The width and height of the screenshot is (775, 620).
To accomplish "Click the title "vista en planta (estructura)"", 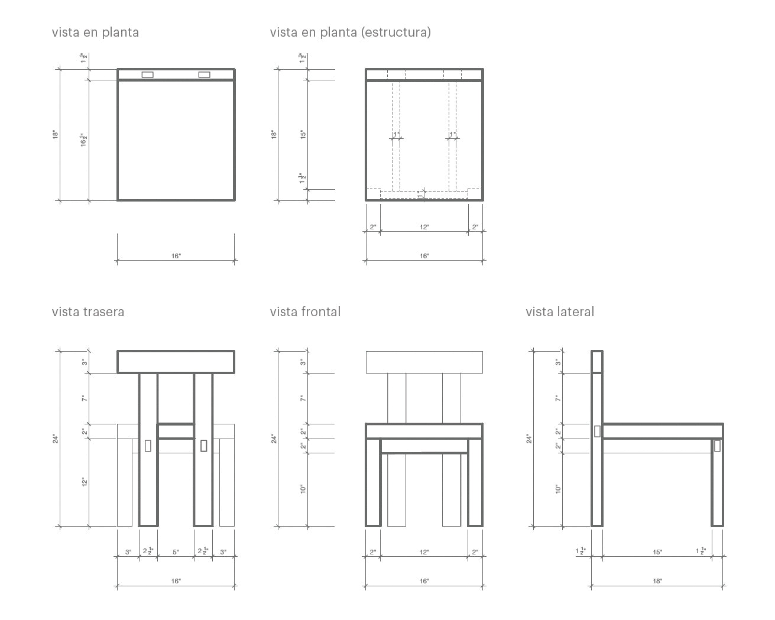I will pyautogui.click(x=350, y=33).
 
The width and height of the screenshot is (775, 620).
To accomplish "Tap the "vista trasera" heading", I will pyautogui.click(x=88, y=312).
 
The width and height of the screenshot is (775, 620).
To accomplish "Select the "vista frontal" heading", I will pyautogui.click(x=305, y=312).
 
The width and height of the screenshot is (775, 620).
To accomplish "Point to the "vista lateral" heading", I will pyautogui.click(x=560, y=312).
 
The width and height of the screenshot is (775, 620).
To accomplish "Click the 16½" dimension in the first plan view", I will pyautogui.click(x=84, y=140).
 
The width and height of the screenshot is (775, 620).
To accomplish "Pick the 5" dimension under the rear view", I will pyautogui.click(x=176, y=553).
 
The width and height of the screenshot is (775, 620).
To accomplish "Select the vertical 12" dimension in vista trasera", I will pyautogui.click(x=84, y=482).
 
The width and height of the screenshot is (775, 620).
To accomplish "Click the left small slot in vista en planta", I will pyautogui.click(x=147, y=74).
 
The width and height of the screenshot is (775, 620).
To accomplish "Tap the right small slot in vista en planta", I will pyautogui.click(x=204, y=74).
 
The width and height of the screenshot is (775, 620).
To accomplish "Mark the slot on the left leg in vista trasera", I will pyautogui.click(x=148, y=446).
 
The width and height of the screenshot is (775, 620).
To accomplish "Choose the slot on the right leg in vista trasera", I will pyautogui.click(x=203, y=446).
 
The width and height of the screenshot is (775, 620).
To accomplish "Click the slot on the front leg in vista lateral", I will pyautogui.click(x=717, y=446).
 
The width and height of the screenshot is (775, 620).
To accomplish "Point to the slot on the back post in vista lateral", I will pyautogui.click(x=597, y=431).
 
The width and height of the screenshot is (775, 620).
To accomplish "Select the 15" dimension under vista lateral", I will pyautogui.click(x=657, y=553).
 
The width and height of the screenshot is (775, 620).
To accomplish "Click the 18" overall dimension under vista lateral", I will pyautogui.click(x=657, y=582).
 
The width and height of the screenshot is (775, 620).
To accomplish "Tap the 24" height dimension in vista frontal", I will pyautogui.click(x=273, y=439).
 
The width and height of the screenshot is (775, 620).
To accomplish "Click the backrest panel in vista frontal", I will pyautogui.click(x=424, y=362).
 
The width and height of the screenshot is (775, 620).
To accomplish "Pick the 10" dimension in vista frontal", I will pyautogui.click(x=301, y=489).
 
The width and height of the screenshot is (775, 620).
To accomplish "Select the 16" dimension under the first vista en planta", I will pyautogui.click(x=176, y=257).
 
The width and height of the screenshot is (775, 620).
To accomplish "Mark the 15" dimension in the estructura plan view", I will pyautogui.click(x=301, y=134).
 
